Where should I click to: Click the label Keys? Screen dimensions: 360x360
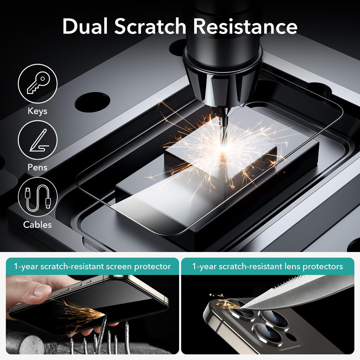[x=37, y=111]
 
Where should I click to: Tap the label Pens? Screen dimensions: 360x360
[x=37, y=167]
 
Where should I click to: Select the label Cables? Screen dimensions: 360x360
[x=37, y=225]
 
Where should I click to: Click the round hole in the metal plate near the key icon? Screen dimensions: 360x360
[x=92, y=102]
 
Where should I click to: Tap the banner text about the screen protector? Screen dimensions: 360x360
[x=92, y=266]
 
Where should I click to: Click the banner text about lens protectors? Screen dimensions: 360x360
[x=268, y=266]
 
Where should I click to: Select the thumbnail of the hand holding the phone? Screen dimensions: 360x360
[x=92, y=314]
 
